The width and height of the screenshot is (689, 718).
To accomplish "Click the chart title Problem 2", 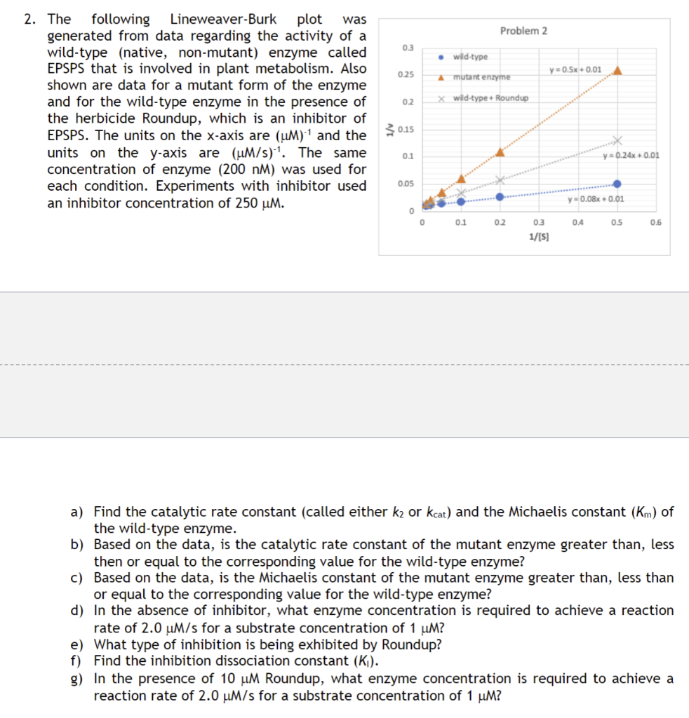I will click(523, 31).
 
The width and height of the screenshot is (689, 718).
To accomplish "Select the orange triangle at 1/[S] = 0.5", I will click(617, 70).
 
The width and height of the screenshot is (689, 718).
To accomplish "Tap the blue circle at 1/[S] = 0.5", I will click(617, 184).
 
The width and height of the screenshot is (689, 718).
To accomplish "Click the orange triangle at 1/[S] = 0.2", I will click(500, 151).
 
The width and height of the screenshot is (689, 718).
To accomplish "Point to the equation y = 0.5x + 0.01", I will click(576, 69).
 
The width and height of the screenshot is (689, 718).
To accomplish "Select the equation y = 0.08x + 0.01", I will click(596, 199).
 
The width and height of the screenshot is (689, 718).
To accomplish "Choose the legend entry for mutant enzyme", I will click(481, 76).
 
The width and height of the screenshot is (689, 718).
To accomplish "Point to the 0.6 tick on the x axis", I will click(655, 223).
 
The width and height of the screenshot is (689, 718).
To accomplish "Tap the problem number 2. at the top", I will click(30, 19).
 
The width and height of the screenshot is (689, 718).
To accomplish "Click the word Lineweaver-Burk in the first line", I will click(223, 19).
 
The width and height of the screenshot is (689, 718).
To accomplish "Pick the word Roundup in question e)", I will click(415, 644).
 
